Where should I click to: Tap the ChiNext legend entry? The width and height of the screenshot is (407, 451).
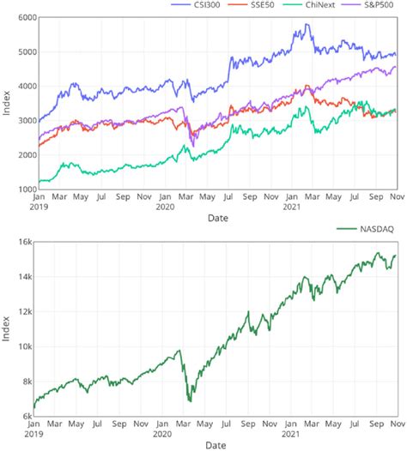(x=313, y=5)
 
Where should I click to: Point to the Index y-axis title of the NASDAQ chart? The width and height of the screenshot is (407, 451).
(x=7, y=330)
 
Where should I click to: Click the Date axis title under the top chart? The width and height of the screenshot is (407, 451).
(x=219, y=219)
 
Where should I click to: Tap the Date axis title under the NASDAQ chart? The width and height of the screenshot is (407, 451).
(x=219, y=445)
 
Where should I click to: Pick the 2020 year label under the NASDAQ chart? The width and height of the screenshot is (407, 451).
(x=164, y=433)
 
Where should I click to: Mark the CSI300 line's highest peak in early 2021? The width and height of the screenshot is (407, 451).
(x=307, y=25)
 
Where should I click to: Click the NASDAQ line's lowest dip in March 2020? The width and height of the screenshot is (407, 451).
(x=189, y=400)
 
